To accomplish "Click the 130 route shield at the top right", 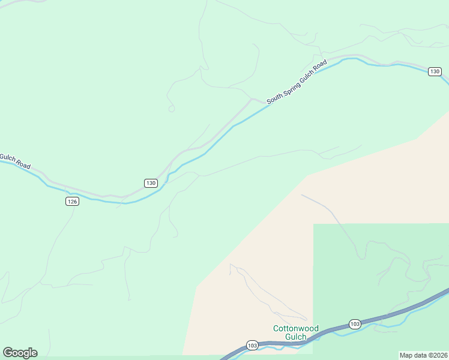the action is pos(435,71).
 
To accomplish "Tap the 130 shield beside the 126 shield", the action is pos(151,182).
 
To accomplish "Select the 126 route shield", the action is pos(72,202).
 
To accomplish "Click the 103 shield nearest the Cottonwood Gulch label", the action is pos(252,346).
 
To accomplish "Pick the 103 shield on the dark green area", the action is pos(355,324).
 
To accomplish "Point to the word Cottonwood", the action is pos(296,328).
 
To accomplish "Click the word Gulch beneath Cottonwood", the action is pos(296,337).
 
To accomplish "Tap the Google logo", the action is pos(20,353).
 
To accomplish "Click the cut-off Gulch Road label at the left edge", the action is pos(15,161).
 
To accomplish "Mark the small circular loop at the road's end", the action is pos(171,109).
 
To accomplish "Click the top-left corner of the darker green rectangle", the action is pos(314,224).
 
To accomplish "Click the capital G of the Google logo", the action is pos(8,353).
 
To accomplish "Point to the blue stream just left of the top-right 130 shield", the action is pos(414,67).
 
